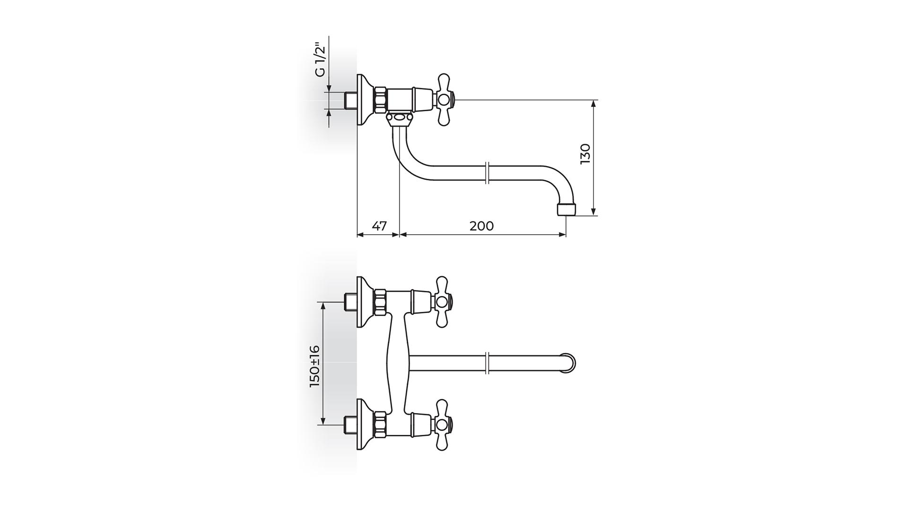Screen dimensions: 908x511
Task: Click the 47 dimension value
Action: click(x=379, y=226)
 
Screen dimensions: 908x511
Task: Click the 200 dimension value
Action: click(x=481, y=226)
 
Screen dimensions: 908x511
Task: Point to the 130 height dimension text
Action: click(x=585, y=154)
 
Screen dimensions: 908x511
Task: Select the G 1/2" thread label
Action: click(x=320, y=60)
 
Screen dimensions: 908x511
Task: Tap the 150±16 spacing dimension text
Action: click(x=314, y=366)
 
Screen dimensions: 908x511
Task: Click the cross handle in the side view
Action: click(x=444, y=100)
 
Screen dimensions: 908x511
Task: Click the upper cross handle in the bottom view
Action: click(x=444, y=301)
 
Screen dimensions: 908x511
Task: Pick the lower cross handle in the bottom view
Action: click(x=444, y=424)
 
